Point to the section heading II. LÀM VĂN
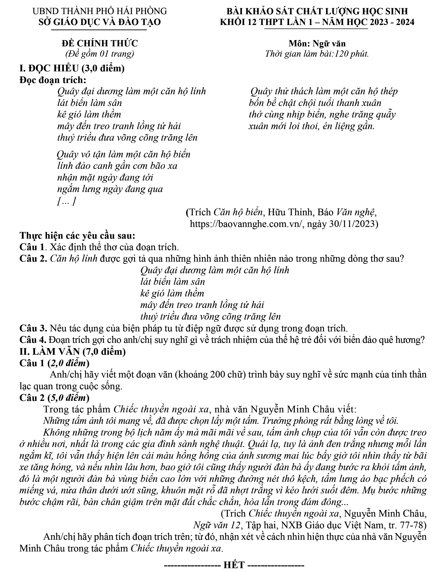coord(73,352)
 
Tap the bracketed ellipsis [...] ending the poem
coord(66,201)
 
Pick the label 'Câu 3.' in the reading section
coord(33,328)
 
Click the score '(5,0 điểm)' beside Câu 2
coord(69,398)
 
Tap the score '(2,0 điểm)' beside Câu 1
coord(69,363)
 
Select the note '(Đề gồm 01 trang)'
coord(100,54)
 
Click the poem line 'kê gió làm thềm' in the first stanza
coord(89,115)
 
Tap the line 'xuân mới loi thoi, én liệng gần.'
coord(312,127)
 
